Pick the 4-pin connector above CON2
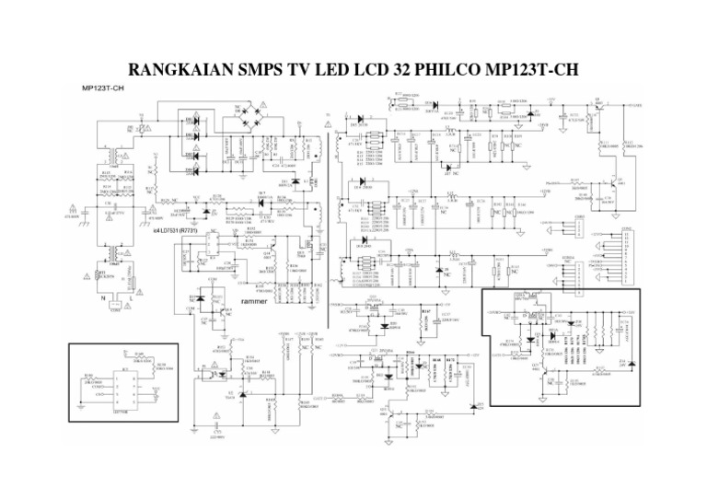(x=579, y=224)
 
